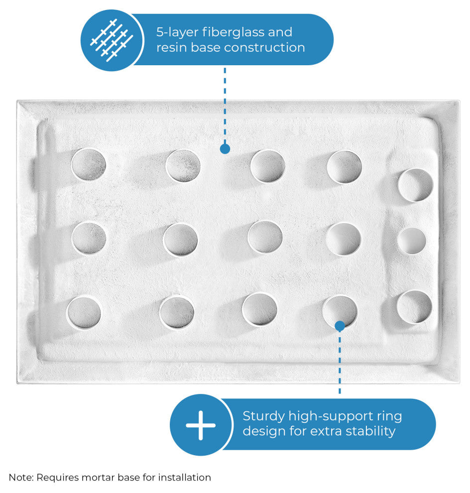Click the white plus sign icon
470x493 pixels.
201,425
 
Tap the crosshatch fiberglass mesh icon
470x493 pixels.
112,40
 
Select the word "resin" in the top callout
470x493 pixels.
171,48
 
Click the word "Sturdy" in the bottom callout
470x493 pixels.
263,416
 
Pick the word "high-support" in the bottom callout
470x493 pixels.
329,417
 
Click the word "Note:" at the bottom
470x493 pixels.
21,477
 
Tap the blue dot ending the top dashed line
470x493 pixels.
225,149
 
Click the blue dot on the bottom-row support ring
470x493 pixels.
340,326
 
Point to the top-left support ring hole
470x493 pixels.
88,165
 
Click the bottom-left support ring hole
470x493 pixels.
84,313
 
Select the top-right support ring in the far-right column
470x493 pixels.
415,185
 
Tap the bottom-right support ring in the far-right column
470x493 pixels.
414,307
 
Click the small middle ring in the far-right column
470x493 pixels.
412,241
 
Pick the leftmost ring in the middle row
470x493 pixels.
89,238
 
